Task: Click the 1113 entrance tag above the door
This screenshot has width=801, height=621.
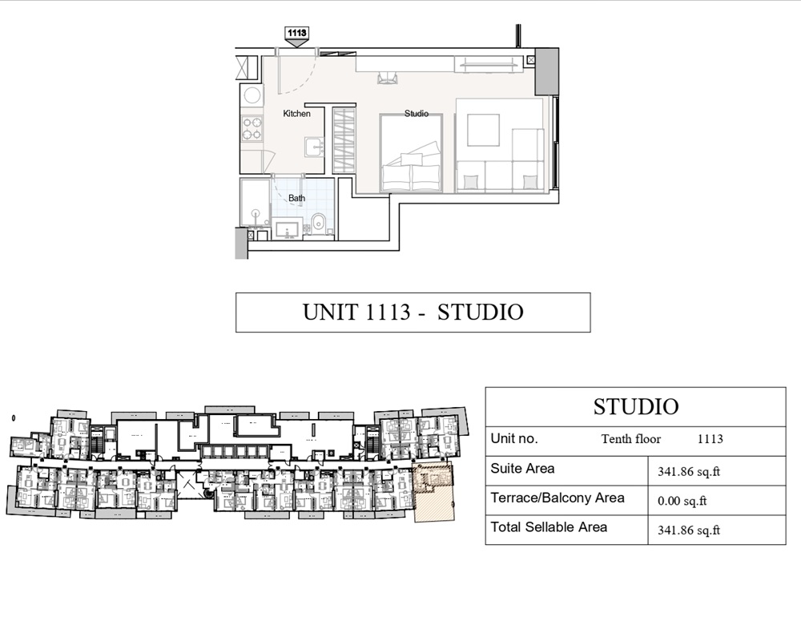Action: pyautogui.click(x=296, y=33)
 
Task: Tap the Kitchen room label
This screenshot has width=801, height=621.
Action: pyautogui.click(x=296, y=114)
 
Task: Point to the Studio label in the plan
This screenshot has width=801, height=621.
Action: pyautogui.click(x=416, y=114)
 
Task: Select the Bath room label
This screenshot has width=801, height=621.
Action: pyautogui.click(x=296, y=198)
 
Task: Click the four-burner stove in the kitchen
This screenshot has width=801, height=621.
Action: pyautogui.click(x=252, y=128)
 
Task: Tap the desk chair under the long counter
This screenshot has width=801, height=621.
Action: pyautogui.click(x=388, y=78)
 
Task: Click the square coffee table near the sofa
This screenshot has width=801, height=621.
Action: pyautogui.click(x=483, y=130)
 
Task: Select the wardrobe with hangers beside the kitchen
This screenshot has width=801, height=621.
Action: pyautogui.click(x=344, y=139)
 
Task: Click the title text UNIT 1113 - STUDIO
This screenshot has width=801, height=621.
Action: pyautogui.click(x=413, y=312)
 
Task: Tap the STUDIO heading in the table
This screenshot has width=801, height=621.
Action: pyautogui.click(x=635, y=406)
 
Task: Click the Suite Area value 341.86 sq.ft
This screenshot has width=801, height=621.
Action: pyautogui.click(x=688, y=472)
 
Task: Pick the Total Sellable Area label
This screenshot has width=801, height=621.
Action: pyautogui.click(x=549, y=527)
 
